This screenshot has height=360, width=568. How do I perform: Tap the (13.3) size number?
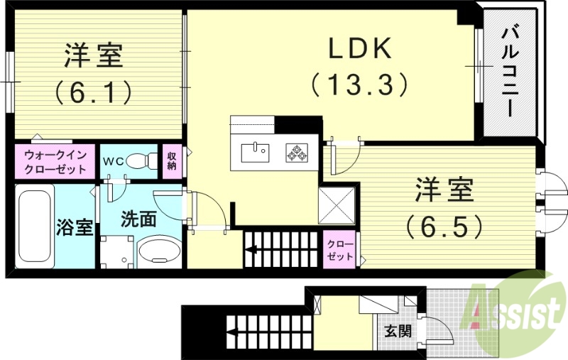point(359,85)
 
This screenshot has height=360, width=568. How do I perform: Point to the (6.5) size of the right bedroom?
point(445,226)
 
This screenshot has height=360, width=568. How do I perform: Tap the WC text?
point(114,161)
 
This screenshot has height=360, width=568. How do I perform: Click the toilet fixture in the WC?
point(145,161)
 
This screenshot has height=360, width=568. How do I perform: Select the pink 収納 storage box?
point(173,160)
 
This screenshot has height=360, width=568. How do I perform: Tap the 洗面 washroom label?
point(138,219)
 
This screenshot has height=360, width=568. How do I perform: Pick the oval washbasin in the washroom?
point(158,251)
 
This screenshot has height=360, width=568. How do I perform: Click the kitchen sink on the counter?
point(254,152)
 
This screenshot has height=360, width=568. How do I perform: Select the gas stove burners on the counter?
point(296,152)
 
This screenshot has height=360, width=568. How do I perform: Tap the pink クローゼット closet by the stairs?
point(340,250)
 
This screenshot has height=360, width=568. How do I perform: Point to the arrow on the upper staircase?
point(253,249)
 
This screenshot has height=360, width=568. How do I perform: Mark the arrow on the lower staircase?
point(234,331)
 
